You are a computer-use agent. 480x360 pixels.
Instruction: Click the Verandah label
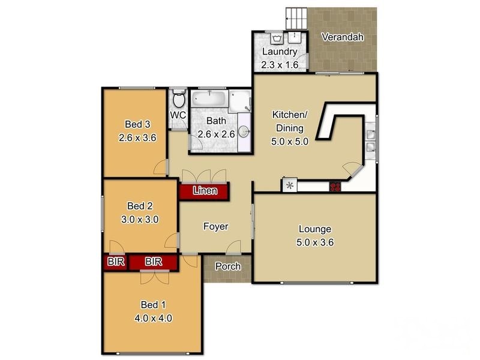(x=343, y=37)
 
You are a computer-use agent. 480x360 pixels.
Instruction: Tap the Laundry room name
(x=279, y=52)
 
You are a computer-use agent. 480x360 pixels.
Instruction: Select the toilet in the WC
(x=178, y=98)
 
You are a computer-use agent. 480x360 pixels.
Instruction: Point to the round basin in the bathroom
(x=244, y=133)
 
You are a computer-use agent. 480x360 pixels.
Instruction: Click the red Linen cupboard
(x=203, y=191)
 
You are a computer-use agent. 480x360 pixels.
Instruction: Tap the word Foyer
(x=215, y=226)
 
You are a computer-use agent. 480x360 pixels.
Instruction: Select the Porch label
(x=227, y=266)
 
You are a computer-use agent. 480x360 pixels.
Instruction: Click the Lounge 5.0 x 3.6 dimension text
(x=315, y=243)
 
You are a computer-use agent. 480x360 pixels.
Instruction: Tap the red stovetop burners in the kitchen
(x=335, y=187)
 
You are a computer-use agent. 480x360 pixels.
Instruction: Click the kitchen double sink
(x=371, y=139)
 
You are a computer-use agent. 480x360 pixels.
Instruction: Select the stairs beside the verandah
(x=295, y=18)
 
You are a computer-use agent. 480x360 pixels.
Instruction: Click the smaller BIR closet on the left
(x=114, y=262)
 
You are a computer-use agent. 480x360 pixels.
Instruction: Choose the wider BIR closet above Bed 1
(x=153, y=262)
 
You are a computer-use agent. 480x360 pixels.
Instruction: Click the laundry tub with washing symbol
(x=277, y=38)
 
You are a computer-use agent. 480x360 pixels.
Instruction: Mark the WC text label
(x=178, y=115)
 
